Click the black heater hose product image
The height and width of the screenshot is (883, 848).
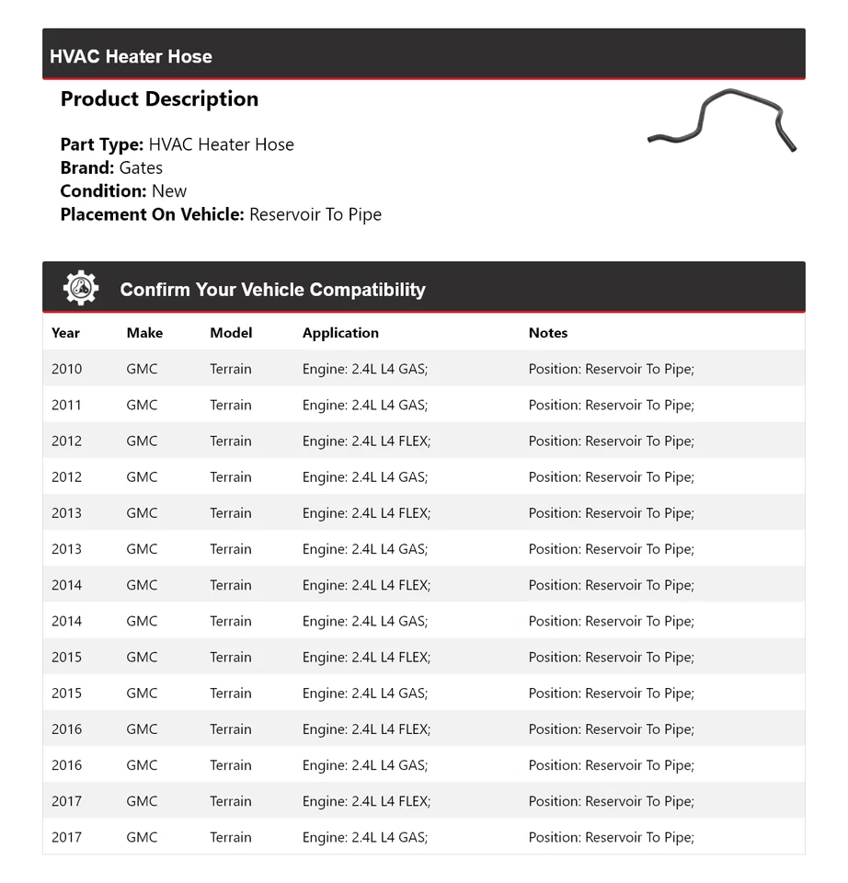click(x=722, y=120)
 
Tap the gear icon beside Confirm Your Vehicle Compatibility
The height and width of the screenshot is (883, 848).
click(x=81, y=289)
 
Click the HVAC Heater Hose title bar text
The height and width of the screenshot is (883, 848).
click(x=131, y=56)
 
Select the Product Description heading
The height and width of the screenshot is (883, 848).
click(x=159, y=99)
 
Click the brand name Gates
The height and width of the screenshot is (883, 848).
click(x=141, y=167)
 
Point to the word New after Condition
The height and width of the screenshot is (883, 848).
click(x=169, y=191)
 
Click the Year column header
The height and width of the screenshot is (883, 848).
click(x=65, y=333)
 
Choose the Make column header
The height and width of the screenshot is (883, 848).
click(x=144, y=333)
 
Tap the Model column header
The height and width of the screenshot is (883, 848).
click(x=231, y=333)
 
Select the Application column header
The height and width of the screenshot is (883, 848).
click(x=340, y=333)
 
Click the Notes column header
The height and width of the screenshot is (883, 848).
click(x=548, y=333)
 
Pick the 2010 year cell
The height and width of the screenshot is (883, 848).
click(x=66, y=369)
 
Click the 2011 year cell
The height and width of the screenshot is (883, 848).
click(x=66, y=405)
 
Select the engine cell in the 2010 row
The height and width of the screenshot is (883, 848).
click(x=365, y=369)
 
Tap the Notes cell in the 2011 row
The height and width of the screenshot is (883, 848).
click(x=611, y=405)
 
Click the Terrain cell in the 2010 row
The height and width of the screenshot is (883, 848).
click(x=230, y=369)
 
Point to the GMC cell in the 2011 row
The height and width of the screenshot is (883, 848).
click(x=142, y=405)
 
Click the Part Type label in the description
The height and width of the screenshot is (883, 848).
click(x=101, y=144)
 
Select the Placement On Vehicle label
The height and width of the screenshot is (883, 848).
click(x=152, y=214)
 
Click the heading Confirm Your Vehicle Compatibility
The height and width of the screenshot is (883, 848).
click(x=272, y=290)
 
